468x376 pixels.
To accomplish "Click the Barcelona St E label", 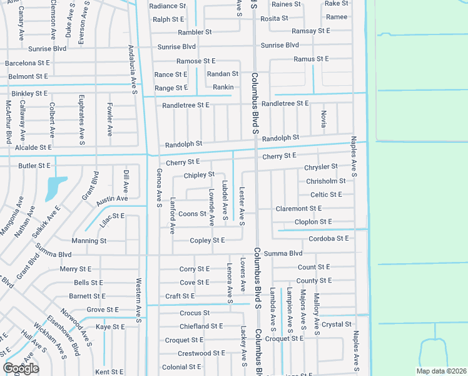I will coord(28,63).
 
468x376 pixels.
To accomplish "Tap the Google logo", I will coord(21,368).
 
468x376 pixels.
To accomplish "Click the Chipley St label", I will coord(200,174).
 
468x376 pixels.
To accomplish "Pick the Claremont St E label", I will coord(298,208).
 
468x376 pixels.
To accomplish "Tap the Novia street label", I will coord(323,118).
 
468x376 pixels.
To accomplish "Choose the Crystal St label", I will coord(337,324).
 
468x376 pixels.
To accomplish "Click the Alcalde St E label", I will coord(33,147).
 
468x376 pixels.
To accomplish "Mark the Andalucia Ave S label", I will coord(132,68).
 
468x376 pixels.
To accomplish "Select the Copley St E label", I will coord(207,240).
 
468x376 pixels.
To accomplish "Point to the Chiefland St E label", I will coord(201,326).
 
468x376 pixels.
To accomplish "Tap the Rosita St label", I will coord(274,19).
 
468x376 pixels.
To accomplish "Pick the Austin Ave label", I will coord(112,199).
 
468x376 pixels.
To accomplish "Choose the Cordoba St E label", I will coord(328,238).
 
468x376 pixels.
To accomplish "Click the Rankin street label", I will coord(223,87).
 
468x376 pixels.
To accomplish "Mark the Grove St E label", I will coord(103,310).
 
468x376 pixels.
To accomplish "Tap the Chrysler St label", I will coord(320,167).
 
